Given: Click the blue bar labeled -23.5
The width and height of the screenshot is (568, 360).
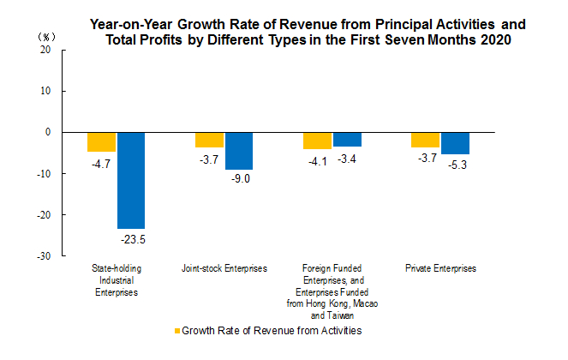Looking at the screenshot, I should [x=131, y=180].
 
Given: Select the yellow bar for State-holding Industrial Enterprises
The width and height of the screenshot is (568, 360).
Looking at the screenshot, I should [x=101, y=142].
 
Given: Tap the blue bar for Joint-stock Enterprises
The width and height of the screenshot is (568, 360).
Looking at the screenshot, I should [x=239, y=151].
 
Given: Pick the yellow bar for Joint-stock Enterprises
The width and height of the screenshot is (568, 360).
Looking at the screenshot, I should [x=209, y=140].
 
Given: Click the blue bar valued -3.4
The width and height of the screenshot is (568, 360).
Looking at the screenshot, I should [x=347, y=140].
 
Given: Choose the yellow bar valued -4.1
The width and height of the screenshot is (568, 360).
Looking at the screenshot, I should [x=317, y=141].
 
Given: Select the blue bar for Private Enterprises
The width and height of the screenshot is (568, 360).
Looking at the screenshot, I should [x=455, y=143].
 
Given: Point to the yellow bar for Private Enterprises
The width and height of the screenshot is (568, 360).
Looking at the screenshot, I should [x=425, y=140].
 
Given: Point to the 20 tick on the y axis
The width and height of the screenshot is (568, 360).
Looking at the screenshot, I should [x=46, y=50].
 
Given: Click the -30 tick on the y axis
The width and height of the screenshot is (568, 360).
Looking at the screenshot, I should [x=45, y=256].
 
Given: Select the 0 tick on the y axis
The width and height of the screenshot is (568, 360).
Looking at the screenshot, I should [x=49, y=132].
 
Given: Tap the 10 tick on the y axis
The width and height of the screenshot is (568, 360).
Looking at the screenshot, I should [x=46, y=91].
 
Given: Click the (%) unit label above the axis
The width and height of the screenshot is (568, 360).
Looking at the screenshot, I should [x=45, y=38].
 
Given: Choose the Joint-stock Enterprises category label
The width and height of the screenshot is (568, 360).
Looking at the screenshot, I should [x=224, y=268].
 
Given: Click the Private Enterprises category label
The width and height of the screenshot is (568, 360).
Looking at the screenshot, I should [x=440, y=268].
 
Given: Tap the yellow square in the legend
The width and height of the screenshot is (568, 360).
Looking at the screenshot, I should [x=177, y=330].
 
